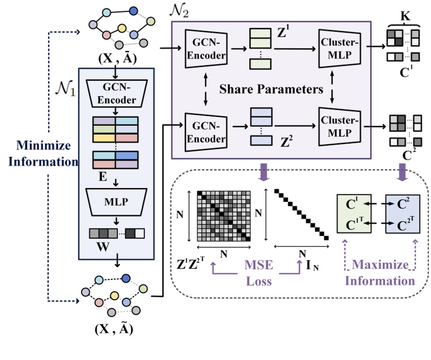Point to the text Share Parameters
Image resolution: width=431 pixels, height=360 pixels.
point(271,90)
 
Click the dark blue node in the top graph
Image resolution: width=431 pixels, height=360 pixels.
point(133,11)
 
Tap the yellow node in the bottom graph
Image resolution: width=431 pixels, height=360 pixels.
point(116,296)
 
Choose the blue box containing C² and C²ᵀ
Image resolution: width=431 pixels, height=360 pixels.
point(402,214)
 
